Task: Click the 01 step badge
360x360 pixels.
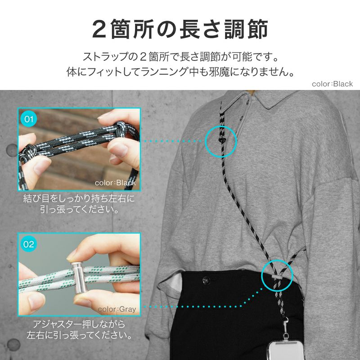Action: tap(29, 119)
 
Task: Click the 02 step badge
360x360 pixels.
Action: tap(29, 244)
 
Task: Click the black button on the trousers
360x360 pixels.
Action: tap(206, 280)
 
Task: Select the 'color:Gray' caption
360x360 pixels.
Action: tap(117, 309)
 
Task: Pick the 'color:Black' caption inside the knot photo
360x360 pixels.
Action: tap(115, 183)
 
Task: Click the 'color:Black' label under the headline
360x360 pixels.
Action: tap(332, 84)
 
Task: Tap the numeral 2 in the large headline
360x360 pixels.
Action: tap(99, 30)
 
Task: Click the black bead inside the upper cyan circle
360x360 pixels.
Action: tap(221, 140)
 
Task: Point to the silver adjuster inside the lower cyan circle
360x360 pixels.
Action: tap(277, 277)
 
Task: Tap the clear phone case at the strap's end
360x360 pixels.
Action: tap(286, 350)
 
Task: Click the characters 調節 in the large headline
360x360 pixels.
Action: tap(246, 30)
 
